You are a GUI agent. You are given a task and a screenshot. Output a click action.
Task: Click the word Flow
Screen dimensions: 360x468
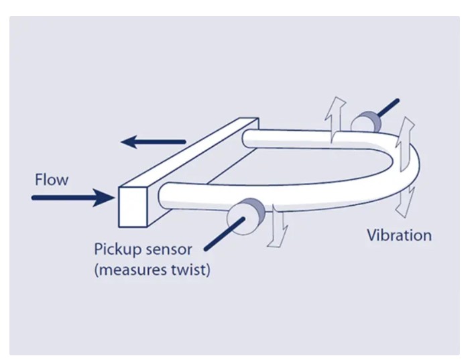51,180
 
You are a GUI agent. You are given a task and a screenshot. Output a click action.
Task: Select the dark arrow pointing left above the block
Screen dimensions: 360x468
153,141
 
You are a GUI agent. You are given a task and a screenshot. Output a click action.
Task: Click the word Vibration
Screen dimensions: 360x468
399,235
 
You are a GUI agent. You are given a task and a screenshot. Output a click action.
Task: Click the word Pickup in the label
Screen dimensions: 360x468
116,250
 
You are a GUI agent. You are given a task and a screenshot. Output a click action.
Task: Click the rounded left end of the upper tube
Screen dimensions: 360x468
248,139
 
